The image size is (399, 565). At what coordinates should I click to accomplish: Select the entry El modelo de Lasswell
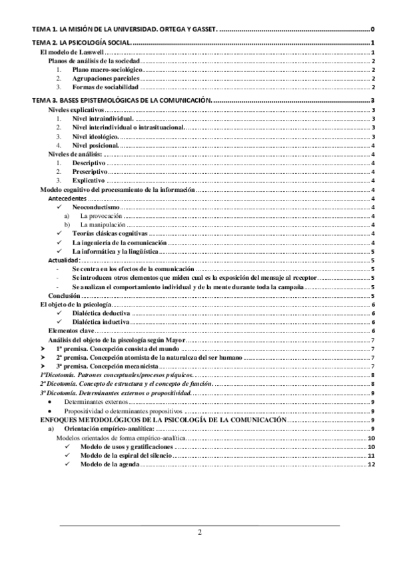(69, 52)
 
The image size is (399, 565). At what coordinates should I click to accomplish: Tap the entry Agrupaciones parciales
(106, 78)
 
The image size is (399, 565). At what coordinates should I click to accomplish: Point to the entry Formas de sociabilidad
(106, 87)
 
